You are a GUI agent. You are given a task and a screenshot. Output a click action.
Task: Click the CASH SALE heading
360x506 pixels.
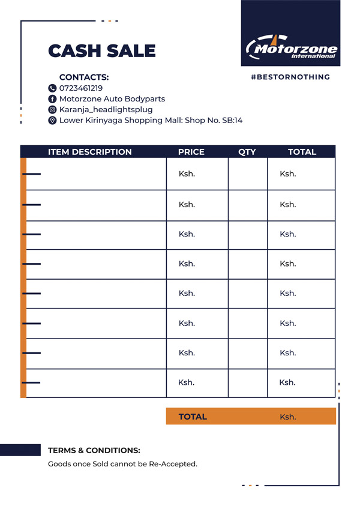coord(101,51)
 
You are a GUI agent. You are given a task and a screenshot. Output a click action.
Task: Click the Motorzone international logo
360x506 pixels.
coord(291,47)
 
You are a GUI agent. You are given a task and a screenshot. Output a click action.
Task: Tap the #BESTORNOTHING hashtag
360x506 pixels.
coord(290,77)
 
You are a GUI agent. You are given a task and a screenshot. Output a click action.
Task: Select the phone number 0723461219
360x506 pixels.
coord(81,88)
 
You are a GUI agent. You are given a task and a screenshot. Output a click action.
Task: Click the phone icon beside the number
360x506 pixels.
coord(52,88)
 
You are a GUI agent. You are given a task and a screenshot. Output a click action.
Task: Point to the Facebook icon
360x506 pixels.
coord(52,99)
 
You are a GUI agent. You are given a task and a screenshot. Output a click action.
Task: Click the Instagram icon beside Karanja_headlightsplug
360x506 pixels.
coord(52,110)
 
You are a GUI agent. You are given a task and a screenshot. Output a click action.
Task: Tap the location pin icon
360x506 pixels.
coord(52,121)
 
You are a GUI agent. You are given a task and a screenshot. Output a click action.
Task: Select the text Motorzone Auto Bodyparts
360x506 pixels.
coord(112,98)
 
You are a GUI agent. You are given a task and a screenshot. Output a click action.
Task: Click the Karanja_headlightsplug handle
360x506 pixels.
coord(106,109)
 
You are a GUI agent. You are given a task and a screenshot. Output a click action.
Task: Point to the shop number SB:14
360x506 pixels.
coord(233,120)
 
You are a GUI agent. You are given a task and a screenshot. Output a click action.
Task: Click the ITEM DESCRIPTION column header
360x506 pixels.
coord(89,152)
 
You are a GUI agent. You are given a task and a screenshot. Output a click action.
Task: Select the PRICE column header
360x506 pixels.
coord(191,152)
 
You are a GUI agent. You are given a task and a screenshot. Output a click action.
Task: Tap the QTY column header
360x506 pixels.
coord(247,152)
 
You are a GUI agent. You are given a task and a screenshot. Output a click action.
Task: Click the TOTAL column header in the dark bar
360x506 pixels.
coord(302,152)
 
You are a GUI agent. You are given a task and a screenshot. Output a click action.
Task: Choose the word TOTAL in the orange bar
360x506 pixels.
coord(193,417)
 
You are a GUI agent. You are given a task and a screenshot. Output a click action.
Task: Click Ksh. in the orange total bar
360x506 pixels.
coord(288,417)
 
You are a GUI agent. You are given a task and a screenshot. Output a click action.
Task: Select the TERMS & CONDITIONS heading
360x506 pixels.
coord(94,450)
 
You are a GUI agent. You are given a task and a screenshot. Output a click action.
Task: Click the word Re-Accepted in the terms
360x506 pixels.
coord(175,464)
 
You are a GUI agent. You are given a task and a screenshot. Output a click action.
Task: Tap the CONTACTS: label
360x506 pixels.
coord(84,77)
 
